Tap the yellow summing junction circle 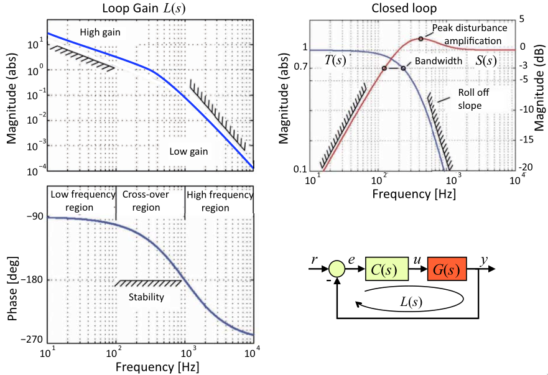tap(337, 269)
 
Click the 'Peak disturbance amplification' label tap(470, 34)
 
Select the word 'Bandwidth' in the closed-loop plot tap(439, 61)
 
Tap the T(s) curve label tap(335, 60)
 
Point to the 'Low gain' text tap(190, 150)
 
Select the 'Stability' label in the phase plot tap(147, 297)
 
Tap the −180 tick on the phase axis tap(31, 279)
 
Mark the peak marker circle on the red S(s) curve tap(420, 39)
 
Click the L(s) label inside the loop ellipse tap(411, 303)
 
